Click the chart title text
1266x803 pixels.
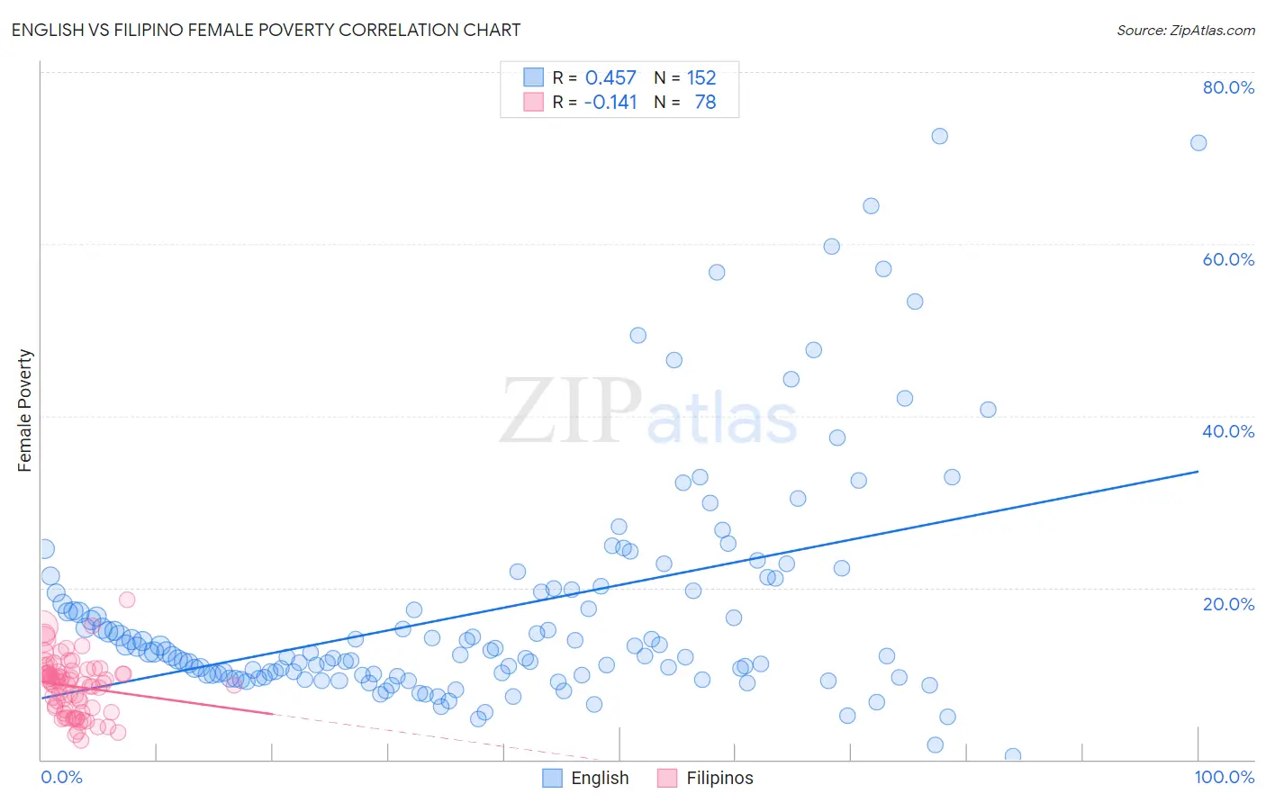266,30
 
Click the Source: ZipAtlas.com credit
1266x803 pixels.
1185,30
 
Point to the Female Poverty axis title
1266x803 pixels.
25,411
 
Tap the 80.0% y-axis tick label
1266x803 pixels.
1228,87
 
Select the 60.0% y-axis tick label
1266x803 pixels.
1228,259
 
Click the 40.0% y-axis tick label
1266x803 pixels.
1228,431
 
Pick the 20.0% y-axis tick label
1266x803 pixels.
1228,604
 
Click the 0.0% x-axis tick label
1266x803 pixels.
61,777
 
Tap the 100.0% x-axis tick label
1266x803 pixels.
1224,777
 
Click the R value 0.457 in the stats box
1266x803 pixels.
610,78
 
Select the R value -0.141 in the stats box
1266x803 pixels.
610,103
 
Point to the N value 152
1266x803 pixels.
701,78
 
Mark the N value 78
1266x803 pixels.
705,103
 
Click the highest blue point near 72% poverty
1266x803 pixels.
939,136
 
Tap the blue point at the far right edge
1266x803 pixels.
1198,143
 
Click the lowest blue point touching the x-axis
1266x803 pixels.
1013,756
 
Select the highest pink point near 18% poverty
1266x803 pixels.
127,600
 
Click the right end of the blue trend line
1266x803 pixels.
1198,471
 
